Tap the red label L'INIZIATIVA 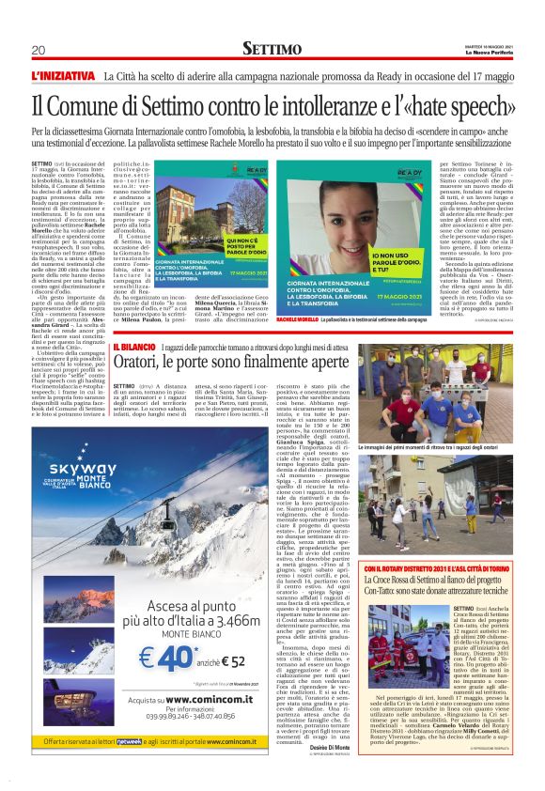coord(63,75)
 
